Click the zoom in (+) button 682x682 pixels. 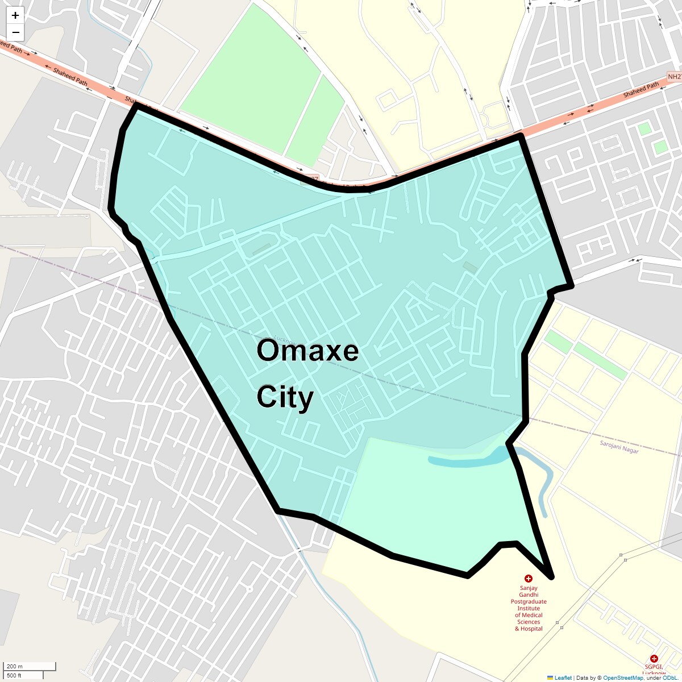[15, 15]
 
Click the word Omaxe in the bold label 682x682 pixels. [307, 351]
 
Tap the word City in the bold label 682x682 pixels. [285, 397]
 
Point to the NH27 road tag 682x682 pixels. [674, 77]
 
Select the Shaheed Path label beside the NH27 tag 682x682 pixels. [641, 90]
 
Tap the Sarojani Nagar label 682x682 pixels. [619, 447]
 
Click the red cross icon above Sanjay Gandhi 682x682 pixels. [529, 579]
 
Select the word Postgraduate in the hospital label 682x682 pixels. [529, 601]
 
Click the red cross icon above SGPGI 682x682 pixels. [654, 658]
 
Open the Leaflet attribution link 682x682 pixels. [563, 677]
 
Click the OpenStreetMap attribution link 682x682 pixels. [623, 677]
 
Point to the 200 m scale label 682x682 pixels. [15, 667]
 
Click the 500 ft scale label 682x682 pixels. [14, 675]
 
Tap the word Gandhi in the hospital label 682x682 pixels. [529, 594]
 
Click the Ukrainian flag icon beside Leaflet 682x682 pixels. [550, 677]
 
